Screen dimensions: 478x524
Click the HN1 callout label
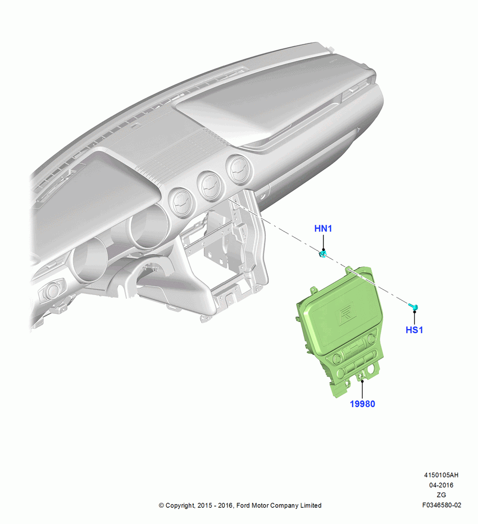[x=323, y=228]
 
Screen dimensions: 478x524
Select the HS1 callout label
[x=414, y=330]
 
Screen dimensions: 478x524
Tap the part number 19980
[x=362, y=404]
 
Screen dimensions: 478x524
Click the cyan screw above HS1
[x=414, y=306]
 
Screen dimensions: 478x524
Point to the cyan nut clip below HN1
[x=322, y=255]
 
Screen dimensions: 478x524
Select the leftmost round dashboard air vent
[x=181, y=202]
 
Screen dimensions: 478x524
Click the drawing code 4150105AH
[x=441, y=475]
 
